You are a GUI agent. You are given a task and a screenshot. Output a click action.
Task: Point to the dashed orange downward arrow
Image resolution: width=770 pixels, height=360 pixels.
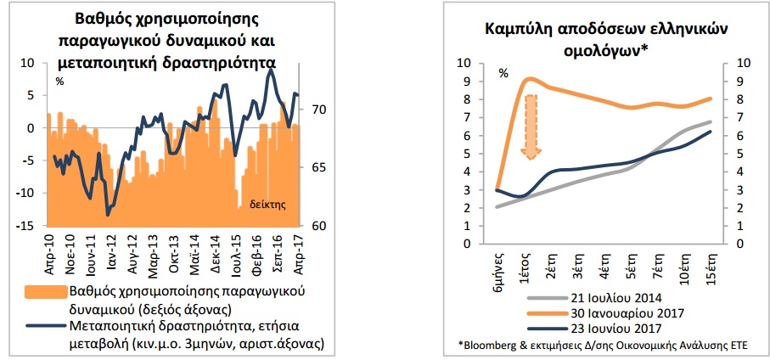point(532,127)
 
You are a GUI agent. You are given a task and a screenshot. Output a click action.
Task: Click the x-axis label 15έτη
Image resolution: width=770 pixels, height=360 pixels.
point(711,266)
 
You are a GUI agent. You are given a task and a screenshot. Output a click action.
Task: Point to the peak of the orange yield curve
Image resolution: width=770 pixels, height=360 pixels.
point(530,78)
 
